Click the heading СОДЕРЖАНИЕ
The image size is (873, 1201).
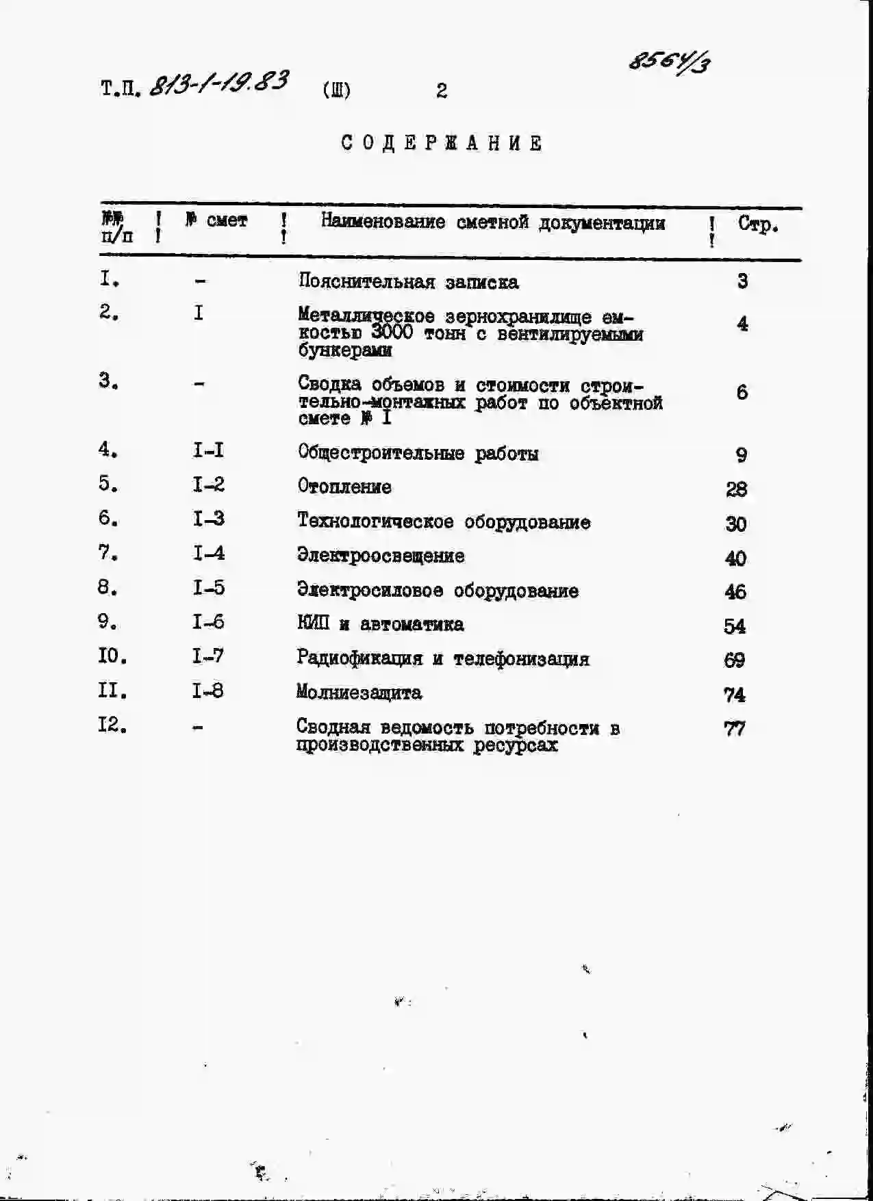pos(442,144)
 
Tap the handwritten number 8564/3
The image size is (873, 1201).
pos(669,63)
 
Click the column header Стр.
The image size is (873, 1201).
pos(757,224)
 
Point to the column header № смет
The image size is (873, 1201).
pos(216,220)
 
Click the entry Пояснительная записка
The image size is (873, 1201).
pos(408,282)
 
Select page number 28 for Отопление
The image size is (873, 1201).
pos(736,489)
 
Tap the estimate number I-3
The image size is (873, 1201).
pos(208,519)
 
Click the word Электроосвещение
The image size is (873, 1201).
pos(381,556)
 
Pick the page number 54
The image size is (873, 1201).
pos(735,626)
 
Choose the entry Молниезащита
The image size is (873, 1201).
pos(359,693)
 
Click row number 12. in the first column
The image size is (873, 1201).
pos(112,725)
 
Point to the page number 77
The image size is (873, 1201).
pos(735,729)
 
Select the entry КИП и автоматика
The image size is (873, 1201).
pos(380,624)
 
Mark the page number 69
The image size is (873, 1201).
pos(734,660)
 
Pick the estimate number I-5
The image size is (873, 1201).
pos(208,588)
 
